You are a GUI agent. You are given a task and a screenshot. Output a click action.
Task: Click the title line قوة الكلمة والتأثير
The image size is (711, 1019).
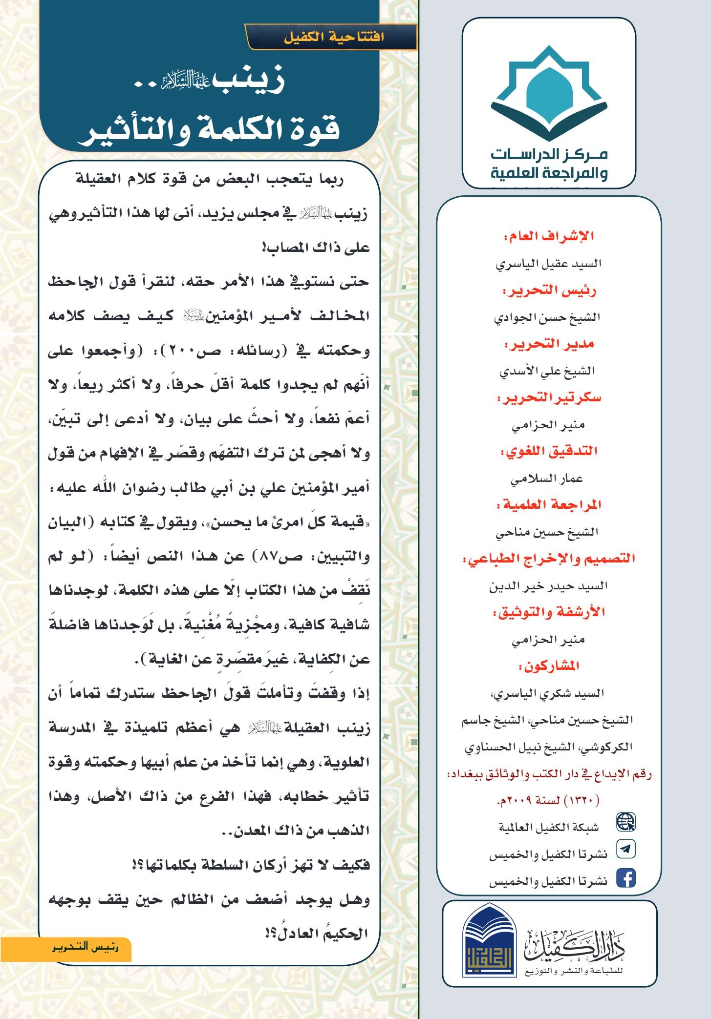click(x=209, y=129)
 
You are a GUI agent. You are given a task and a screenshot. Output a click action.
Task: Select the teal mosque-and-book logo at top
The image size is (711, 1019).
click(x=549, y=93)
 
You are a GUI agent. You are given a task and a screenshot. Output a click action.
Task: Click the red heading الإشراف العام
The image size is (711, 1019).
click(x=549, y=237)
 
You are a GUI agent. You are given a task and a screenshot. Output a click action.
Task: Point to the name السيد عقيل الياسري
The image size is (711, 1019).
click(x=548, y=264)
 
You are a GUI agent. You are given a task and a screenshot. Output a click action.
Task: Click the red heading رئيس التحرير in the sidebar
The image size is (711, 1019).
click(x=549, y=291)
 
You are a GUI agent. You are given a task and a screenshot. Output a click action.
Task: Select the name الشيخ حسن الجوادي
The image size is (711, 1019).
click(x=547, y=318)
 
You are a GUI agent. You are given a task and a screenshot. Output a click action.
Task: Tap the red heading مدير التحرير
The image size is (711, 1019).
click(x=549, y=345)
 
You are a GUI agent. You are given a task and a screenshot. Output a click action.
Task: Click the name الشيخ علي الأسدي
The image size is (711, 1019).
click(x=547, y=372)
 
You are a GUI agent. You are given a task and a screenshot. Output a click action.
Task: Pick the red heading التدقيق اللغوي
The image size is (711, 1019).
click(x=549, y=451)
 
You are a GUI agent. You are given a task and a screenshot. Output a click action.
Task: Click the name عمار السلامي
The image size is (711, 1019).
click(x=547, y=478)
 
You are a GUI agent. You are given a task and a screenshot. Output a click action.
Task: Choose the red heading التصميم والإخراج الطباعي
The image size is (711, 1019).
click(x=549, y=559)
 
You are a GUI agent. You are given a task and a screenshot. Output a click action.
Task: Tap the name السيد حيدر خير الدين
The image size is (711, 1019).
click(x=548, y=586)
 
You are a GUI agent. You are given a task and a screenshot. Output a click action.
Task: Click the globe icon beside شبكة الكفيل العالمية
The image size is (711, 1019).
click(x=625, y=822)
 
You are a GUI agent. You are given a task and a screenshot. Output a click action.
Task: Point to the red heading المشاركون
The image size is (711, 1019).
click(x=549, y=666)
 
